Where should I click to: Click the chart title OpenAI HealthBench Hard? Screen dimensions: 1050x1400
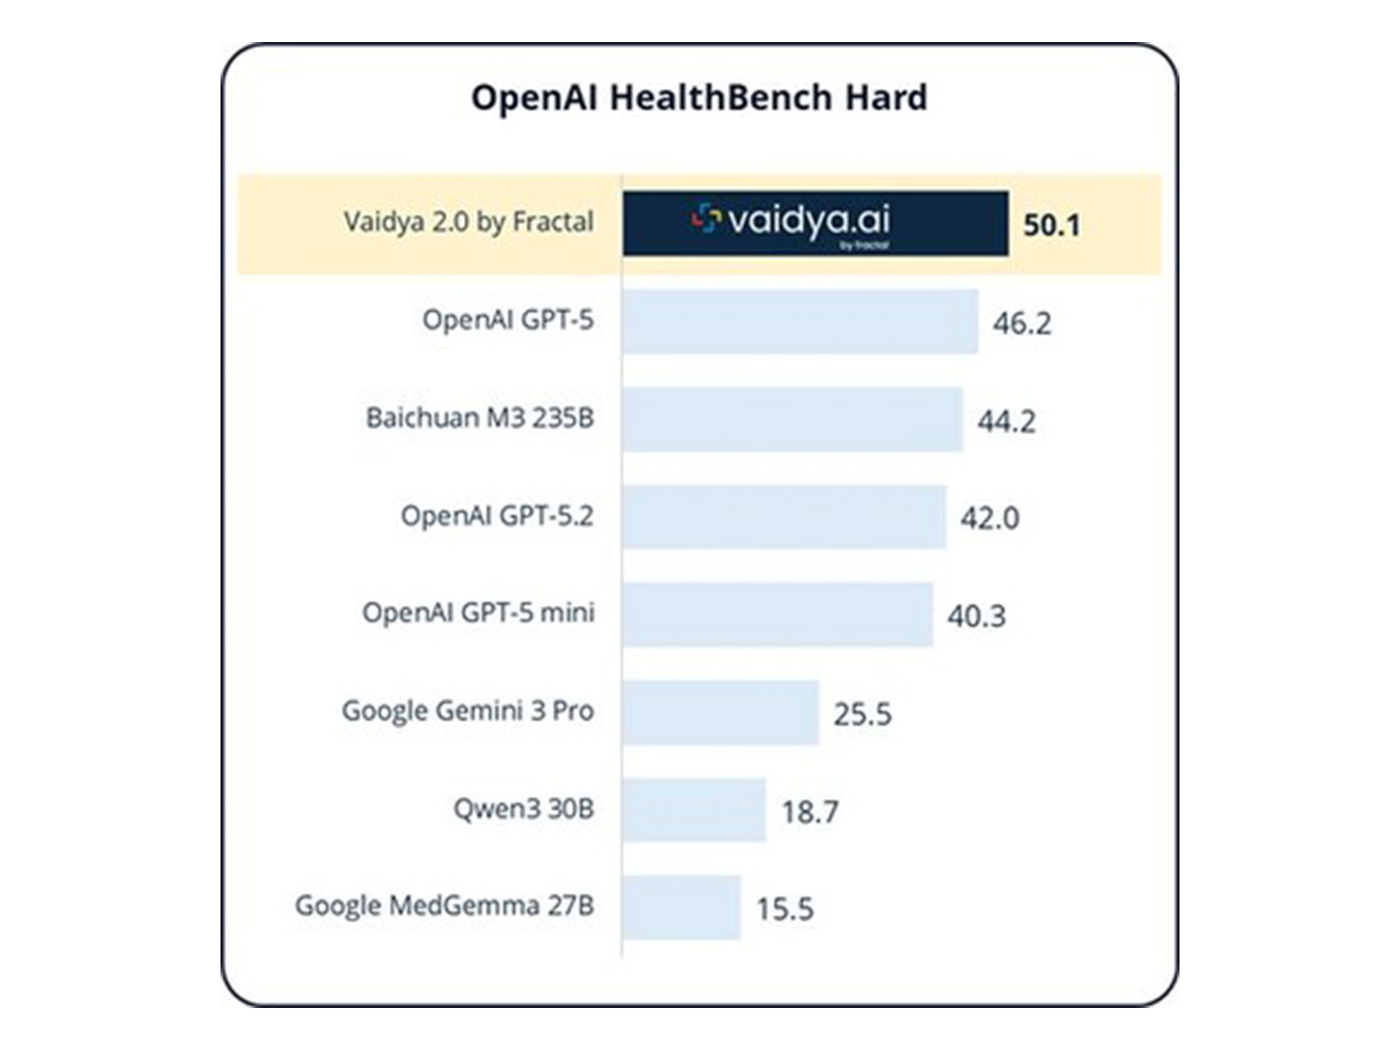point(699,97)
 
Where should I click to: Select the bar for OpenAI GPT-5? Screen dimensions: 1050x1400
point(800,322)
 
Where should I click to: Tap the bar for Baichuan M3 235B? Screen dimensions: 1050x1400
point(792,420)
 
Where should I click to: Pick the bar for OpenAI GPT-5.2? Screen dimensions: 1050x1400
point(784,517)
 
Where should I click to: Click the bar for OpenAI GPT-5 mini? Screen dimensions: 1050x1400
point(777,615)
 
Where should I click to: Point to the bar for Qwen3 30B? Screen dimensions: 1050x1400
point(694,810)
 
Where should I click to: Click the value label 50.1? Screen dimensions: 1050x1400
point(1051,225)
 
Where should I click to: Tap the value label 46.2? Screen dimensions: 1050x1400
point(1021,323)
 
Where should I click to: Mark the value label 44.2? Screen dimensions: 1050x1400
point(1006,421)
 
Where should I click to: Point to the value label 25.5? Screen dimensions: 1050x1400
point(862,714)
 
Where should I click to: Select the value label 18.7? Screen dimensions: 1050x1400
point(809,812)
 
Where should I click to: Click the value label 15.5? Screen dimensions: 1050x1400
point(785,909)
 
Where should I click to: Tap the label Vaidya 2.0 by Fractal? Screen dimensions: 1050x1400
point(468,222)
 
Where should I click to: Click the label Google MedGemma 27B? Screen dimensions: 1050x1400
point(444,905)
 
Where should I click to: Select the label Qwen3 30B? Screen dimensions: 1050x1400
point(523,808)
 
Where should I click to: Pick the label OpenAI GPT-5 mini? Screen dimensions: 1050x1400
point(478,612)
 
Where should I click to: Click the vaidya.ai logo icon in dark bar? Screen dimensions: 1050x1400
point(705,219)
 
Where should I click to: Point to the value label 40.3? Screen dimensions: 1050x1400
point(976,616)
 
